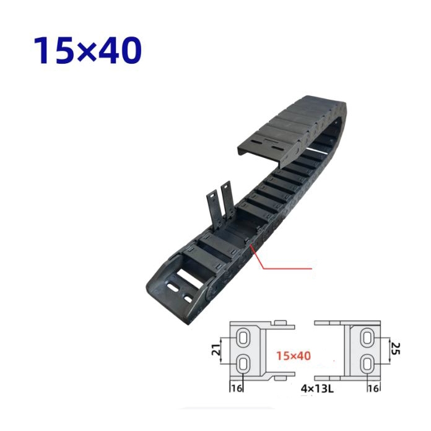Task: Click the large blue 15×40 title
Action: click(x=87, y=51)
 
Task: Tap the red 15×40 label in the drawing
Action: click(x=294, y=355)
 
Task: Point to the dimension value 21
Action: click(x=216, y=350)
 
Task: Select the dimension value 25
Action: click(x=396, y=348)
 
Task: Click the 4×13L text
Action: click(x=317, y=388)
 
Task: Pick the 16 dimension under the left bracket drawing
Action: click(x=237, y=388)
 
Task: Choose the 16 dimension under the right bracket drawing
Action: click(x=373, y=388)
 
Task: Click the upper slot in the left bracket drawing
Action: click(x=243, y=337)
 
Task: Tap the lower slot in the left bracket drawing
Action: click(x=243, y=364)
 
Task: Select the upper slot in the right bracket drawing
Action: click(x=367, y=337)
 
